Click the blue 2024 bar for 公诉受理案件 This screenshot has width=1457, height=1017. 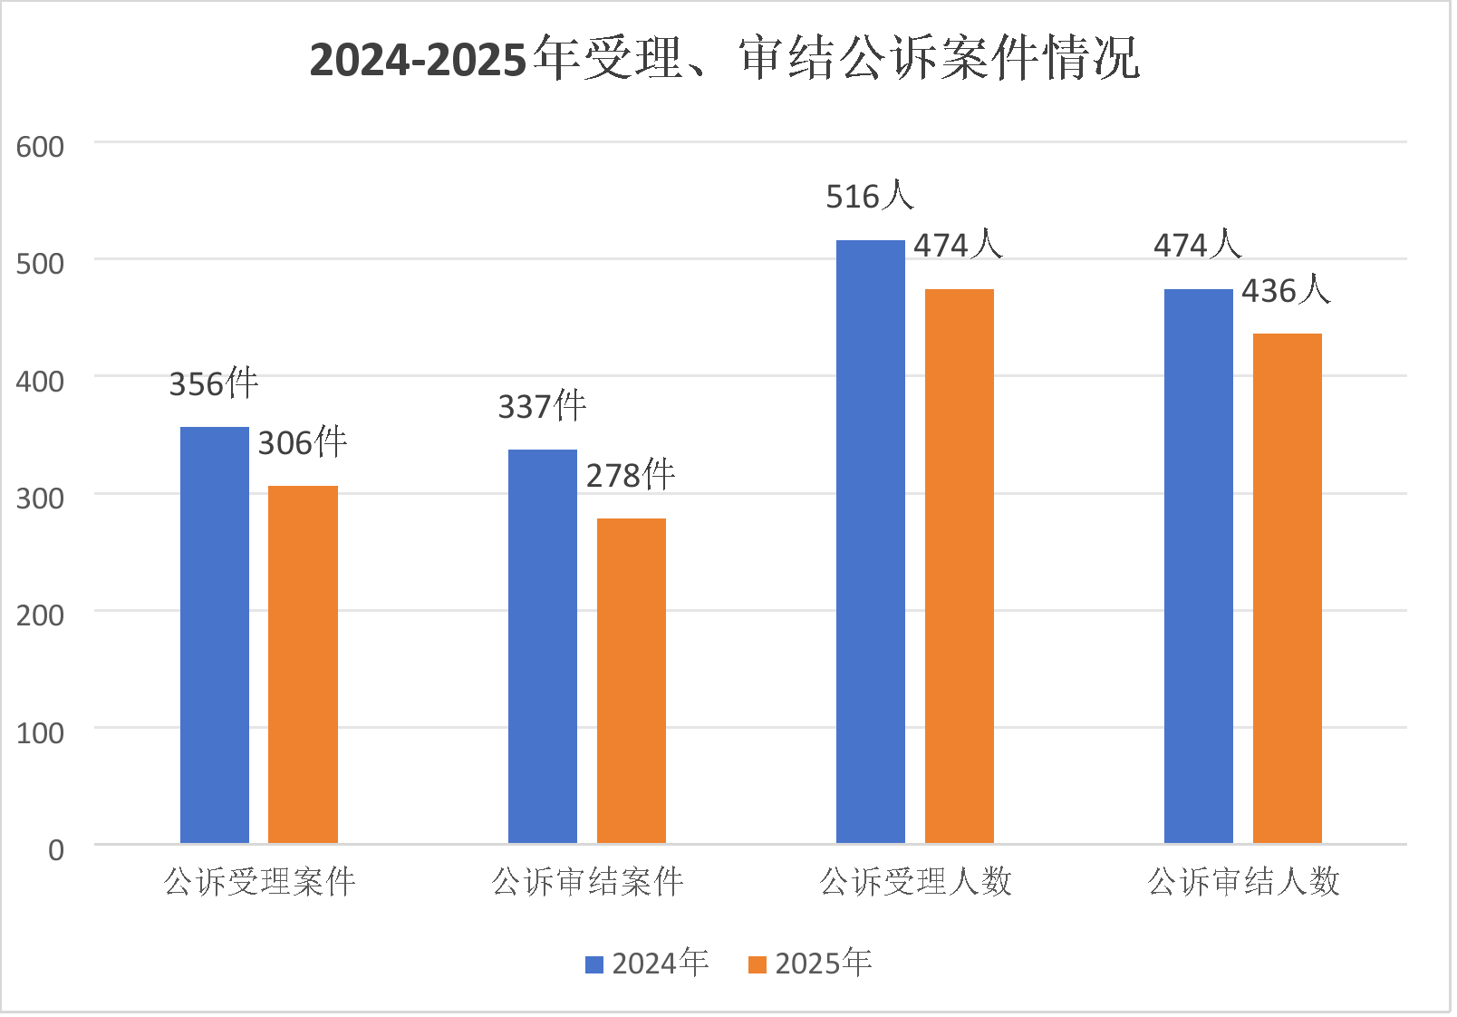point(215,634)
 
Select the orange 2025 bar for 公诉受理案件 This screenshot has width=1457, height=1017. point(303,664)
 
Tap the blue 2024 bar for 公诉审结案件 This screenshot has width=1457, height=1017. point(543,646)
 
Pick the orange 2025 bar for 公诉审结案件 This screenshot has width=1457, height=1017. point(632,681)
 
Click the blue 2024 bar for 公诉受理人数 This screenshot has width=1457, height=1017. point(871,541)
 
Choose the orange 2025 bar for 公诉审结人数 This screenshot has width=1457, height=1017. point(1288,588)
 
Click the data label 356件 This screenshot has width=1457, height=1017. point(214,383)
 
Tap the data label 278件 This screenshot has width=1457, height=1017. point(631,475)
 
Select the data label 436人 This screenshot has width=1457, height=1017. point(1286,290)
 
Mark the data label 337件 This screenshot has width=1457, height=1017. point(542,406)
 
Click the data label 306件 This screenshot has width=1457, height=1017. point(303,442)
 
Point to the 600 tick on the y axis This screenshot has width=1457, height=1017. point(41,147)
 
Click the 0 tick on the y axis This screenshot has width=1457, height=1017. point(56,849)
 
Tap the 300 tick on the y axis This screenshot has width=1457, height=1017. point(41,498)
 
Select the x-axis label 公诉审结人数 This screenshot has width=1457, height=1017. point(1243,881)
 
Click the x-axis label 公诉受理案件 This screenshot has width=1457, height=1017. point(260,881)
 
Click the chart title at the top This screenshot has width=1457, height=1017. point(724,59)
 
